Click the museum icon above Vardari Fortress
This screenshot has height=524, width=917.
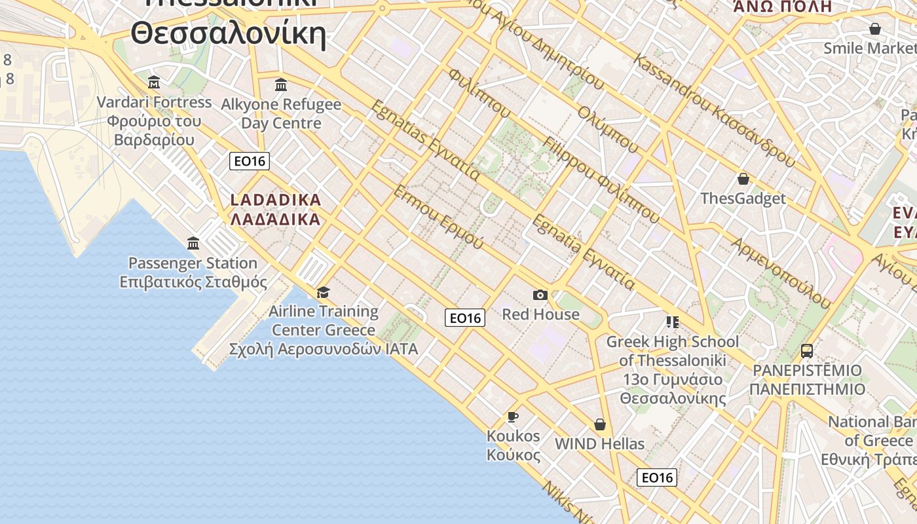click(x=154, y=82)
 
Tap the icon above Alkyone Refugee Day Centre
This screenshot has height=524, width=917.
click(x=281, y=84)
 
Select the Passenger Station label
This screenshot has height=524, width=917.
click(x=193, y=263)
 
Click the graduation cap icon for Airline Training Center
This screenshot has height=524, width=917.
click(x=323, y=292)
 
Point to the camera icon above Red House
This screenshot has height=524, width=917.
click(x=540, y=295)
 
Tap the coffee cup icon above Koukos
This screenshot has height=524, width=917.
click(x=513, y=417)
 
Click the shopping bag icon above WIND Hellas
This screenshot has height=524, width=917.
click(x=599, y=424)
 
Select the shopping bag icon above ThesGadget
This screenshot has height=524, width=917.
click(x=743, y=179)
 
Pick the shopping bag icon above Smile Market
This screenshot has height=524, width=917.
click(x=874, y=29)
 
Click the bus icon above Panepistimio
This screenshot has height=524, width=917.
click(x=807, y=351)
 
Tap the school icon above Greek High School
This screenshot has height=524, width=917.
click(x=672, y=322)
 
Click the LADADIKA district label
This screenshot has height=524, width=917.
click(x=276, y=200)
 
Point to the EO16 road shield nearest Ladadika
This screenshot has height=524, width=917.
click(x=250, y=161)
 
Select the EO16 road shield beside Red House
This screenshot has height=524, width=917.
click(x=465, y=318)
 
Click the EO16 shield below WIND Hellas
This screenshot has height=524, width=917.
click(x=656, y=477)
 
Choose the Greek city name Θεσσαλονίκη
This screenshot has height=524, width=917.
click(x=228, y=33)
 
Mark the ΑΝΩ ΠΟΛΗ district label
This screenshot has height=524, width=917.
click(x=782, y=7)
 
